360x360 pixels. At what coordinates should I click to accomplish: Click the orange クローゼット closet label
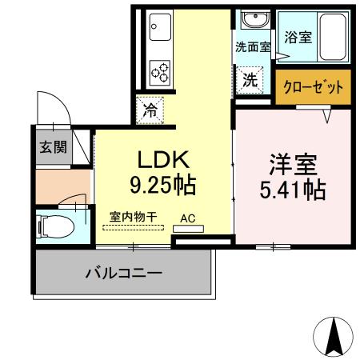tap(314, 86)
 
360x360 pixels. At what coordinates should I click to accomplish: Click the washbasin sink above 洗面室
tap(255, 19)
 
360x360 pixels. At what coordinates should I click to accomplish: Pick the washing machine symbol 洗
tap(250, 80)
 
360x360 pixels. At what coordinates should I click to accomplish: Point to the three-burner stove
tap(158, 70)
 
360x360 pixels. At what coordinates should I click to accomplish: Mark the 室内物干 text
tap(133, 217)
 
